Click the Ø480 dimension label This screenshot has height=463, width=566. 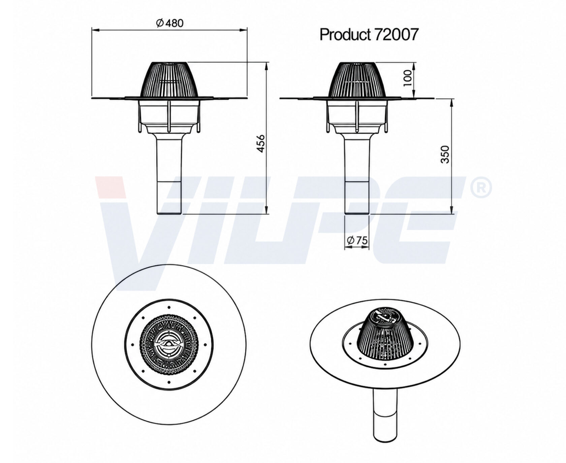170,23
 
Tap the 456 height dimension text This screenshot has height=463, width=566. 261,144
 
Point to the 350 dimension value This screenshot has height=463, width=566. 445,154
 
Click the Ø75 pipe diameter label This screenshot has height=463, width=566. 357,240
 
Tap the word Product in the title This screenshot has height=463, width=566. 344,34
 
